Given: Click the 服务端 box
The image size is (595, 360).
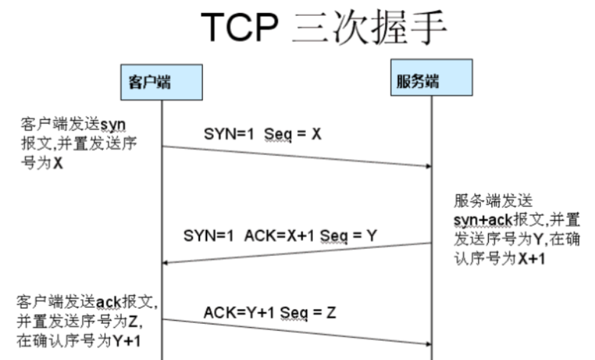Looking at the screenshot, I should [432, 77].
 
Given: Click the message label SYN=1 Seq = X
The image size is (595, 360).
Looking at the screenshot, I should [263, 134].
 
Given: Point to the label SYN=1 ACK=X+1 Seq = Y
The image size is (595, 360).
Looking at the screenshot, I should [280, 235].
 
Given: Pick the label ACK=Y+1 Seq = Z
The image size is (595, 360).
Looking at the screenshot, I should [270, 313].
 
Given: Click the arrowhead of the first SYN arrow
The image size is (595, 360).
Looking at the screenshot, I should [428, 166].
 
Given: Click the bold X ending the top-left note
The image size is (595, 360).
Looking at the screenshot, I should [58, 164].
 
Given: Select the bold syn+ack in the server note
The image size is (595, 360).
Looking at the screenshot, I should [483, 220].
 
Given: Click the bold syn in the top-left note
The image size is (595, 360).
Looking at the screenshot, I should [114, 125].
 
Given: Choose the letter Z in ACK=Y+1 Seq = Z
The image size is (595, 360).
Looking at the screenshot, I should [331, 313].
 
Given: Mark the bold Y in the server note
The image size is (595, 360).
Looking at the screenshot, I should [531, 239].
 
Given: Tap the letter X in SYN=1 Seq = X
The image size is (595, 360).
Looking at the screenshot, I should [317, 134].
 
